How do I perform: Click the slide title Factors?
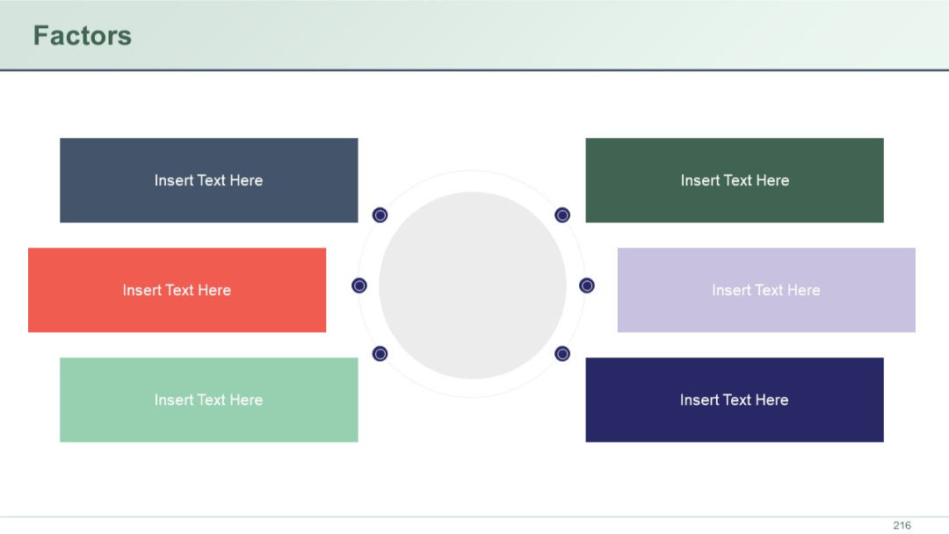pos(82,36)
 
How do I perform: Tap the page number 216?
pos(902,525)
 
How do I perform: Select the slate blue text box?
pos(209,180)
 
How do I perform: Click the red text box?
pos(177,290)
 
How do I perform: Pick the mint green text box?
pos(209,400)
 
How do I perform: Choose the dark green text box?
pos(735,180)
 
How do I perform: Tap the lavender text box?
pos(766,290)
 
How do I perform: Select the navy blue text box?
pos(735,400)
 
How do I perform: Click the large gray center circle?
pos(473,285)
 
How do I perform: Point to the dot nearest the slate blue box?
pos(380,215)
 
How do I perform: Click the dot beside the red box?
pos(359,285)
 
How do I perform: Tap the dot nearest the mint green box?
pos(380,354)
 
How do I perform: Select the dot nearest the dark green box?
pos(562,215)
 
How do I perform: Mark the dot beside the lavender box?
pos(587,285)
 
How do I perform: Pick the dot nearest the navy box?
pos(562,354)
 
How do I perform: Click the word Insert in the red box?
pos(141,291)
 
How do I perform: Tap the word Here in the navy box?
pos(772,400)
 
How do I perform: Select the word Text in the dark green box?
pos(737,181)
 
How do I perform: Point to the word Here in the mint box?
pos(246,400)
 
